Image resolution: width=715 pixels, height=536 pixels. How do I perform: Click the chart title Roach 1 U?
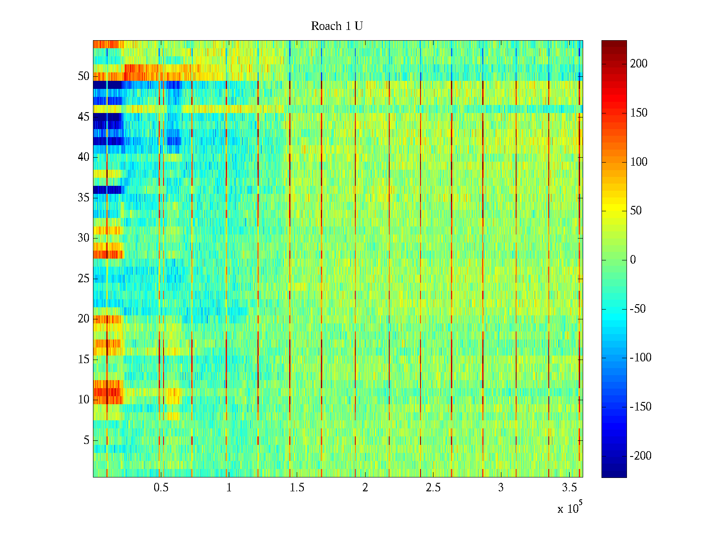pyautogui.click(x=336, y=26)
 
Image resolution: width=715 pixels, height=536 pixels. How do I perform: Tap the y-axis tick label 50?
pyautogui.click(x=84, y=76)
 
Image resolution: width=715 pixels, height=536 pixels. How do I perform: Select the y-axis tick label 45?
pyautogui.click(x=84, y=117)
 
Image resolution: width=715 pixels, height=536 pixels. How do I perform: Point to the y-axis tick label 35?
pyautogui.click(x=84, y=197)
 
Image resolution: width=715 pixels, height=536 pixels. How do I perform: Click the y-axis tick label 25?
pyautogui.click(x=84, y=279)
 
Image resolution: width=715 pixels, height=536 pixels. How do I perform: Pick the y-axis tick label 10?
pyautogui.click(x=84, y=400)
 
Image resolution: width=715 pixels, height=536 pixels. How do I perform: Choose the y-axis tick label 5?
pyautogui.click(x=86, y=440)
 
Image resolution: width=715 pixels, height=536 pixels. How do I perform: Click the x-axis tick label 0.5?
pyautogui.click(x=161, y=488)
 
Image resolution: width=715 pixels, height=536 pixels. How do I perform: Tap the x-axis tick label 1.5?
pyautogui.click(x=297, y=488)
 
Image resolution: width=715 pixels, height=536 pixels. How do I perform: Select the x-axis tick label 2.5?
pyautogui.click(x=433, y=488)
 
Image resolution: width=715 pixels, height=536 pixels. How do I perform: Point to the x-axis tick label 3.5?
pyautogui.click(x=569, y=488)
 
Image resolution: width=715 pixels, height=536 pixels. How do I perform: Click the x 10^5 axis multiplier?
pyautogui.click(x=570, y=508)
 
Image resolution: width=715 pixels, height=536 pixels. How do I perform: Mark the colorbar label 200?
pyautogui.click(x=639, y=63)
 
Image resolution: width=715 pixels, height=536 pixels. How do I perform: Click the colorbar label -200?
pyautogui.click(x=640, y=456)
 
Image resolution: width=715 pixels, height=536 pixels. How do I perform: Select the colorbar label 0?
pyautogui.click(x=633, y=260)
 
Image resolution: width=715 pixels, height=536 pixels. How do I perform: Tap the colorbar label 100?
pyautogui.click(x=639, y=162)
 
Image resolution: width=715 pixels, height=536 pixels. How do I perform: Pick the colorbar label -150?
pyautogui.click(x=640, y=407)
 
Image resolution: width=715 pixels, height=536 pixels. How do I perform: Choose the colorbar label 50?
pyautogui.click(x=636, y=211)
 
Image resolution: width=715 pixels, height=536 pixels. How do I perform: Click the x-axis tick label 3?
pyautogui.click(x=501, y=488)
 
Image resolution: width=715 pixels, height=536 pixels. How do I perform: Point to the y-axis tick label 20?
pyautogui.click(x=84, y=319)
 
